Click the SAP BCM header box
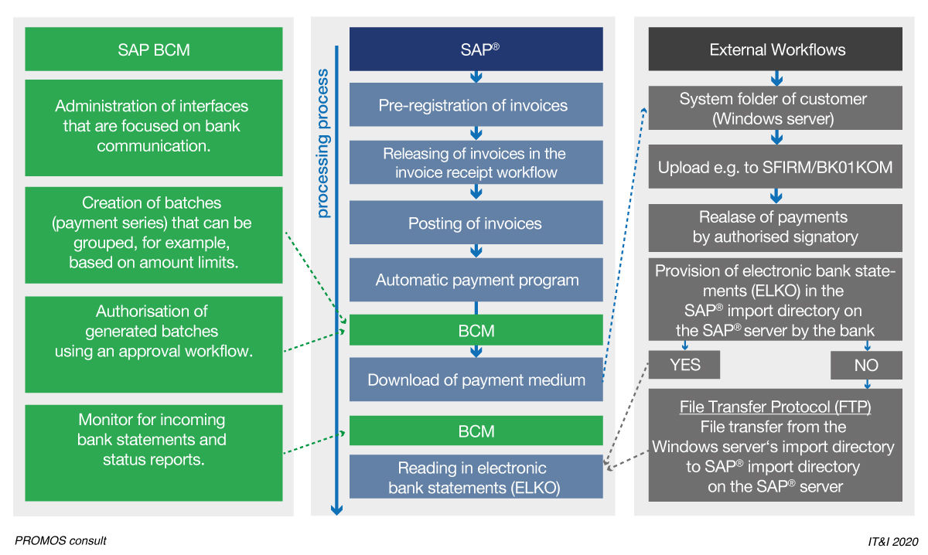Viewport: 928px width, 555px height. click(x=154, y=49)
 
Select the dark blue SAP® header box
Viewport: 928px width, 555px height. click(x=476, y=49)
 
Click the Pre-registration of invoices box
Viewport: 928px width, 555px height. click(x=476, y=105)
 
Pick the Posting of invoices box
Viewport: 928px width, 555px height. click(x=476, y=223)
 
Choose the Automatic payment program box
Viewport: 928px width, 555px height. click(x=476, y=280)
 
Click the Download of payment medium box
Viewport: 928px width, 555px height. click(x=476, y=380)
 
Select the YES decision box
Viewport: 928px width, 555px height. click(x=684, y=365)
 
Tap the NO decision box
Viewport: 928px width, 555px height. click(x=866, y=366)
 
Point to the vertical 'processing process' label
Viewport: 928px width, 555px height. click(x=323, y=144)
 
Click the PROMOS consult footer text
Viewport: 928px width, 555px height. click(x=60, y=541)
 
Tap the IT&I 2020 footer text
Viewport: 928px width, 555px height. click(x=892, y=542)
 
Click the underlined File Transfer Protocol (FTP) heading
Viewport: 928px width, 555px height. click(x=776, y=407)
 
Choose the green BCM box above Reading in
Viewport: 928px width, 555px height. click(x=476, y=431)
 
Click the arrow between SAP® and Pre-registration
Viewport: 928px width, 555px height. click(x=476, y=77)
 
